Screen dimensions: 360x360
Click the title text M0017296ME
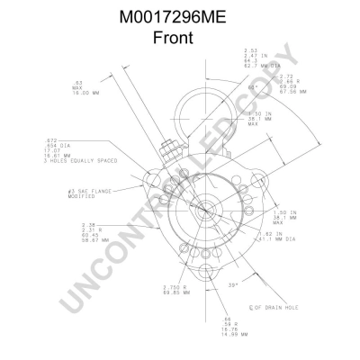click(x=179, y=17)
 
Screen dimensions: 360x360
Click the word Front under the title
click(x=179, y=38)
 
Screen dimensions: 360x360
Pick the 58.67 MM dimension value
click(x=94, y=241)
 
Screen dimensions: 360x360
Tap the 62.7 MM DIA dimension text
click(x=265, y=67)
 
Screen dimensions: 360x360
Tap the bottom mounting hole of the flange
click(x=194, y=262)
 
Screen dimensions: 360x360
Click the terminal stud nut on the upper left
click(x=166, y=146)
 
